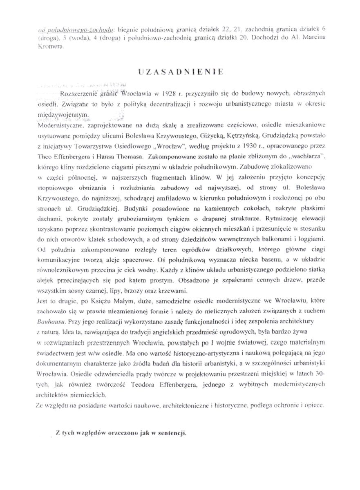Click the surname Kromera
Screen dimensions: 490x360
click(x=51, y=48)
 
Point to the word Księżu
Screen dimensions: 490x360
click(x=94, y=302)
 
